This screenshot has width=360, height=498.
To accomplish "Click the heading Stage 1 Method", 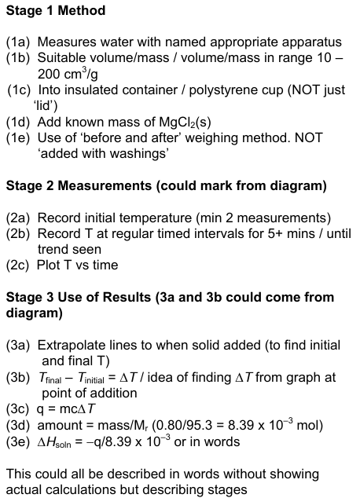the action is click(x=56, y=12).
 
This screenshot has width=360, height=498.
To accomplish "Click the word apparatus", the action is click(x=311, y=42).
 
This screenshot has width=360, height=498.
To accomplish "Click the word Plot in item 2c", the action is click(x=50, y=265).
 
